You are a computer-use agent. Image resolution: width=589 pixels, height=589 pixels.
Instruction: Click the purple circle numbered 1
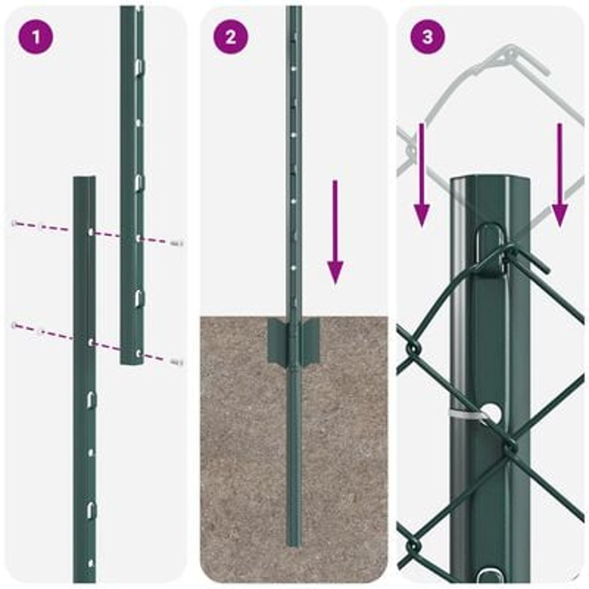(36, 37)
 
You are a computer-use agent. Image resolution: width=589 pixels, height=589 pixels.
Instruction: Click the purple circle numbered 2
(231, 37)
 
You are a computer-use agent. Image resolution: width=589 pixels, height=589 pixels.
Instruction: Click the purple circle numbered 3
(427, 37)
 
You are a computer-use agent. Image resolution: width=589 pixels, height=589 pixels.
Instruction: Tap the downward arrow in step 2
(335, 232)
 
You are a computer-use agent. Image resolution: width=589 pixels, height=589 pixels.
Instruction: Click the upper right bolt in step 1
(177, 243)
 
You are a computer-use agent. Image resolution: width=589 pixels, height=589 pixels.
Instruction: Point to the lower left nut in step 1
(15, 325)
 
